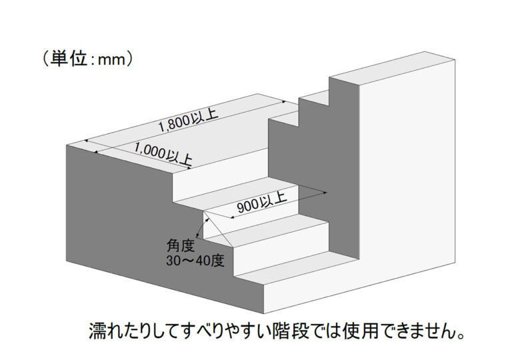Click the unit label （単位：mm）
point(88,59)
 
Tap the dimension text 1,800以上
point(188,121)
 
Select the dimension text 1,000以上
point(163,154)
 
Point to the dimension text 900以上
point(261,202)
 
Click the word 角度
point(181,246)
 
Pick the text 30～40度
point(195,261)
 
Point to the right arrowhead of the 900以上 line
point(325,193)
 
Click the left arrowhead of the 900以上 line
point(233,217)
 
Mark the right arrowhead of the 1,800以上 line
point(284,102)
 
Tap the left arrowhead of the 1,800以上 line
point(86,141)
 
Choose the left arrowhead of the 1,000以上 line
point(96,151)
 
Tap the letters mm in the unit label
point(112,60)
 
